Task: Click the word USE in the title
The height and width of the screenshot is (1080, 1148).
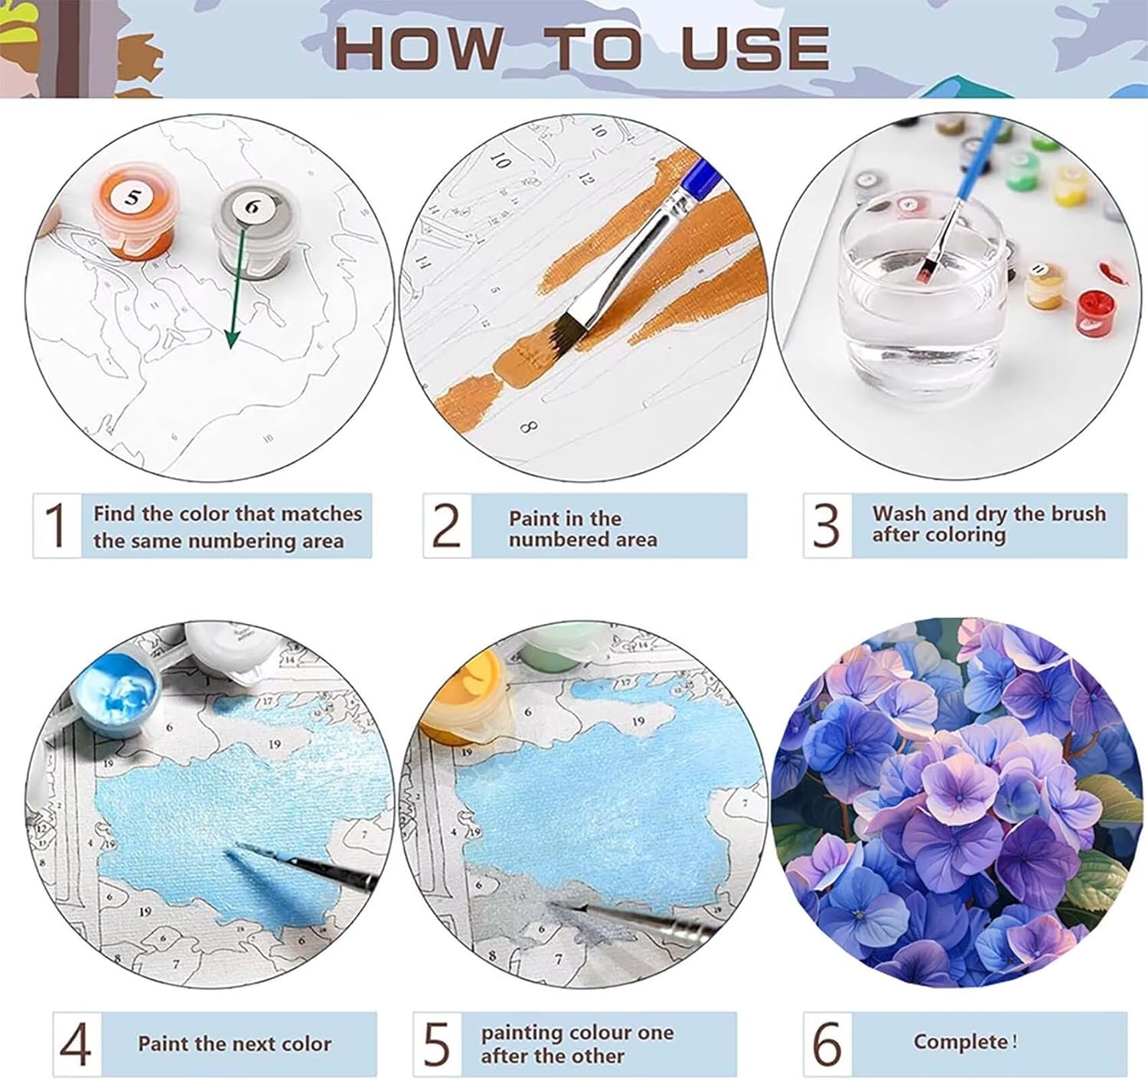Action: pos(755,47)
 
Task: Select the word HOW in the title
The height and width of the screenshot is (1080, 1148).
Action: pos(418,47)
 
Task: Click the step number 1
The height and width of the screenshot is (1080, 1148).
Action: pos(56,525)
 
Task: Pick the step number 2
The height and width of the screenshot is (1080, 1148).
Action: pos(446,525)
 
